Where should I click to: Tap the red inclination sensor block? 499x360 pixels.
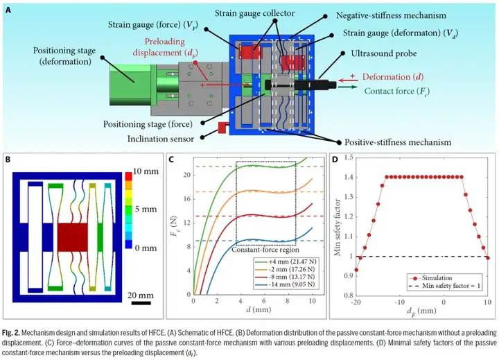click(223, 127)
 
